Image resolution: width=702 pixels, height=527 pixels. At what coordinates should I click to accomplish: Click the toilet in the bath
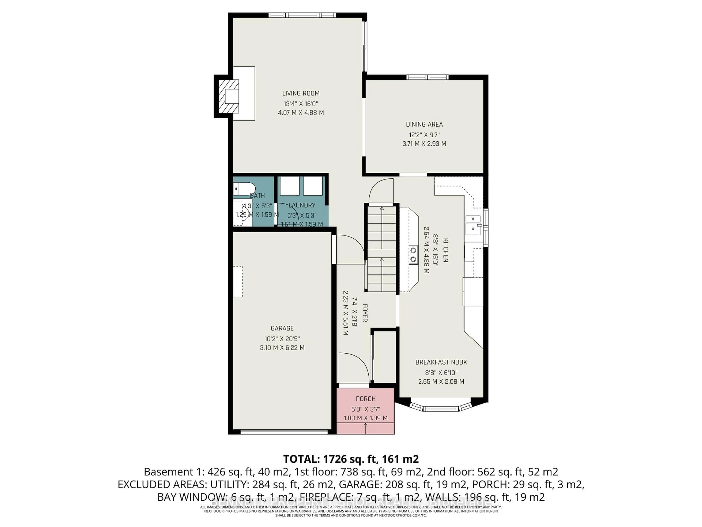(243, 189)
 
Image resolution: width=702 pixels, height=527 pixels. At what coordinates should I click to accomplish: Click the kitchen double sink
(473, 223)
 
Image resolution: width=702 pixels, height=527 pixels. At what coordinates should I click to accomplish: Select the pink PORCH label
(366, 399)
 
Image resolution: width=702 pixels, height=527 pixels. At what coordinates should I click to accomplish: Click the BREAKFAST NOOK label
(441, 362)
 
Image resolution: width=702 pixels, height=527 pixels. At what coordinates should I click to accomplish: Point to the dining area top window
(427, 77)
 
